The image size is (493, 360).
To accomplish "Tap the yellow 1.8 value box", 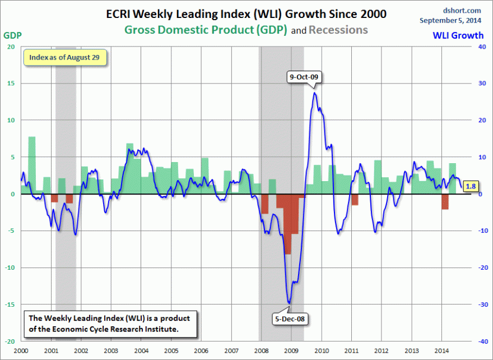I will (471, 186).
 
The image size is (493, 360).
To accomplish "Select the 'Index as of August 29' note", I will (64, 57).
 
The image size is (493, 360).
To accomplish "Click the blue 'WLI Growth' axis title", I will (458, 35).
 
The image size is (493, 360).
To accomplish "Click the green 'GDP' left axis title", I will (12, 35).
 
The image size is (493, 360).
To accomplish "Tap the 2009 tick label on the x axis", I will (291, 350).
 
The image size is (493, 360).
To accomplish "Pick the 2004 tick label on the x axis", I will (141, 350).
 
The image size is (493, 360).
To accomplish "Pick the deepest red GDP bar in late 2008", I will (287, 224).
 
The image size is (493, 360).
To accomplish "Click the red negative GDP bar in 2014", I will (445, 201).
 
